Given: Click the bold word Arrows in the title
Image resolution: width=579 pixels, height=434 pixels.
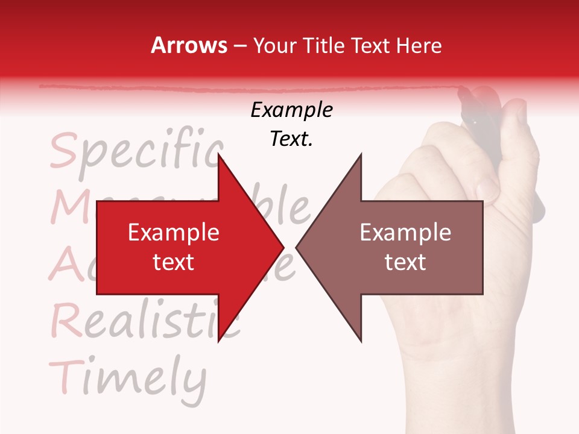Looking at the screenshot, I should click(189, 45).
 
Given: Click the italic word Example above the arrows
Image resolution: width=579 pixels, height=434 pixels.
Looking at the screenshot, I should click(292, 110).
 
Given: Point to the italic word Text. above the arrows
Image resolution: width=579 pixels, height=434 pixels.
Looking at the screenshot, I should click(292, 139).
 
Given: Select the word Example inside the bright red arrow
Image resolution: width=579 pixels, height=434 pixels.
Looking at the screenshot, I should click(174, 233).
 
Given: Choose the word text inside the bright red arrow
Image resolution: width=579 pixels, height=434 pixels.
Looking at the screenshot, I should click(174, 262).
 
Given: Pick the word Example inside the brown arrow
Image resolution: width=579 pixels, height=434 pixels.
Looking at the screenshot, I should click(405, 233).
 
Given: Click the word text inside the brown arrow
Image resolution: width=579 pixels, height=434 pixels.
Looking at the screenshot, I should click(405, 262).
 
